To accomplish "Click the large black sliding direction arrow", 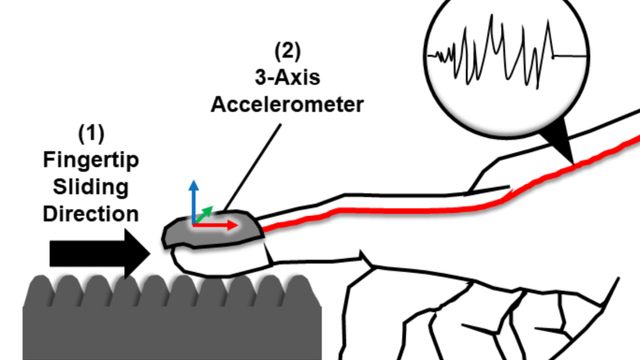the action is [x=100, y=253].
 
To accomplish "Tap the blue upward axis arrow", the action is [x=194, y=202].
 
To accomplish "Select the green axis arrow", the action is [x=204, y=215].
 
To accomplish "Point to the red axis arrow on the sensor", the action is [x=215, y=225].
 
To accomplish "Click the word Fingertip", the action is [x=91, y=160].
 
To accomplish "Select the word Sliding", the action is [x=91, y=187].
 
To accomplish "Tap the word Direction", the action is [x=91, y=214].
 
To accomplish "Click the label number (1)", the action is [x=91, y=133].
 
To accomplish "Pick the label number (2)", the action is [x=287, y=51].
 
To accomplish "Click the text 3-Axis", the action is [x=287, y=78].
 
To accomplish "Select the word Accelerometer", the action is [x=287, y=104].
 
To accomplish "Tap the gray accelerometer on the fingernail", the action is [x=211, y=229].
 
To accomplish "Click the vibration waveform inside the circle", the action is [x=507, y=53].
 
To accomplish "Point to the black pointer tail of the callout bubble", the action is [x=560, y=142].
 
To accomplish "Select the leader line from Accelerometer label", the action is [x=252, y=168].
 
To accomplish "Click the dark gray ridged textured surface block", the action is [x=172, y=318].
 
